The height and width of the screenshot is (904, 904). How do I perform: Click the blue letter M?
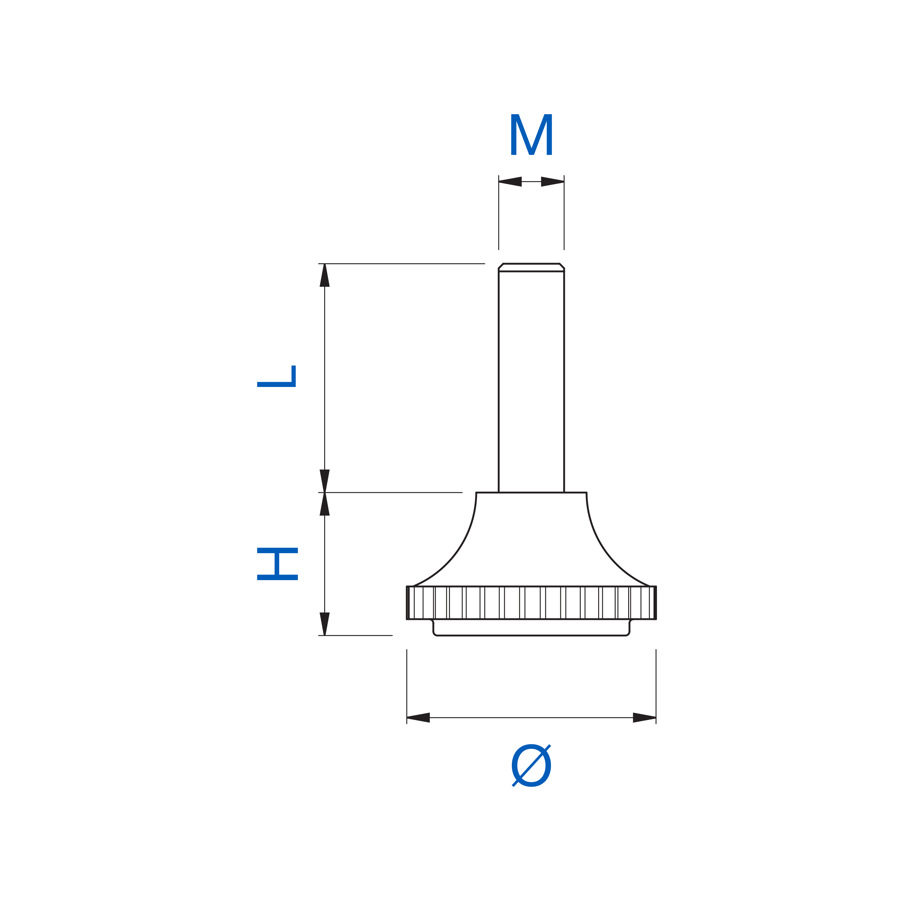(531, 134)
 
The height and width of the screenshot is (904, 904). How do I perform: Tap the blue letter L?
(276, 376)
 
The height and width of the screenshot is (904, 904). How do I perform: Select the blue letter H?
(277, 564)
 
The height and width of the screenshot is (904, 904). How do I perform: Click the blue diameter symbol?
(531, 766)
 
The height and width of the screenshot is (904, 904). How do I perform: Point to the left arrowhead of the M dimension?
(510, 182)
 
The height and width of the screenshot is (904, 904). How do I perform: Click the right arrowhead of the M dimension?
(553, 182)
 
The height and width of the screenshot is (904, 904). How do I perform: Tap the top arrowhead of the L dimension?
(325, 275)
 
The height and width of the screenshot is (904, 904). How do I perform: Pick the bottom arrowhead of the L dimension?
(325, 481)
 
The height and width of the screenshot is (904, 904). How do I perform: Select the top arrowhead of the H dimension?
(325, 504)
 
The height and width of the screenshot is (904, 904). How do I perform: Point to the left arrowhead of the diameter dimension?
(418, 718)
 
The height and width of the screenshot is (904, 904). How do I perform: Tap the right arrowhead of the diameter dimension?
(645, 718)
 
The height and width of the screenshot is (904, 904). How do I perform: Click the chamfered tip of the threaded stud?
(531, 267)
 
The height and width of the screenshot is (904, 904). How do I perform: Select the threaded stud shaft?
(531, 381)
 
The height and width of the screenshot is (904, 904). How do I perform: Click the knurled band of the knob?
(531, 603)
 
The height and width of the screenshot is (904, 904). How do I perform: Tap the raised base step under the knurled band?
(531, 628)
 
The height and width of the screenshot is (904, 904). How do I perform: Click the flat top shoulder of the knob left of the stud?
(488, 492)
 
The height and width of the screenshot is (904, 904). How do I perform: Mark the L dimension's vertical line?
(325, 378)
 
